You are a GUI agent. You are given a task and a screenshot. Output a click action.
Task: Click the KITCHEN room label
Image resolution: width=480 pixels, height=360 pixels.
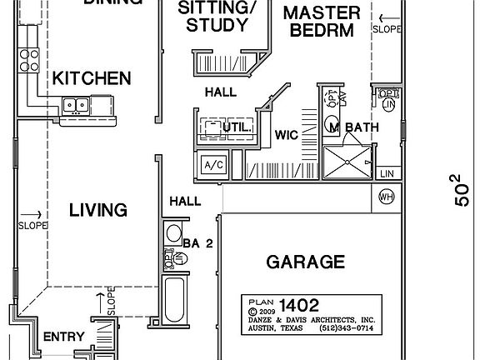pyautogui.click(x=92, y=79)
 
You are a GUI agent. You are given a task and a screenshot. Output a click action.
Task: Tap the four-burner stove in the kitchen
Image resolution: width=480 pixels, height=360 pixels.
pyautogui.click(x=31, y=58)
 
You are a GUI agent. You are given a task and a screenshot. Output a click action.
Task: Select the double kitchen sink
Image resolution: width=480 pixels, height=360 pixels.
pyautogui.click(x=77, y=105)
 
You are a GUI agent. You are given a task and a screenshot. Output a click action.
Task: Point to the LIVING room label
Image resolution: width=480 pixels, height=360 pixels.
pyautogui.click(x=97, y=209)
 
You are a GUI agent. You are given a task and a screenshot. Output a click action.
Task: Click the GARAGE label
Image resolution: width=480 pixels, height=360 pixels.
pyautogui.click(x=305, y=262)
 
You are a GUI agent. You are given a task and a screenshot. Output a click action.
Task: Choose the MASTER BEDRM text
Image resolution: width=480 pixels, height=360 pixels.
pyautogui.click(x=321, y=22)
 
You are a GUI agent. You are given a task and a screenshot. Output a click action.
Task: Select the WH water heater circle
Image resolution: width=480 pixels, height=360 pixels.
pyautogui.click(x=386, y=197)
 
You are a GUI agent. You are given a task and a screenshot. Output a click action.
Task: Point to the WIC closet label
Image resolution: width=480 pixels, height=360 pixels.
pyautogui.click(x=287, y=135)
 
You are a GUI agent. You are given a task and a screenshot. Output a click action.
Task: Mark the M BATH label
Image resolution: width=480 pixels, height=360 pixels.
pyautogui.click(x=353, y=127)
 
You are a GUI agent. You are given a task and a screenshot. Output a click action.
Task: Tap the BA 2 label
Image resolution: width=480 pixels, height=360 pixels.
pyautogui.click(x=197, y=243)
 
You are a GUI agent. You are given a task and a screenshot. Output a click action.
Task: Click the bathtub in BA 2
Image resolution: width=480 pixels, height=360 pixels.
pyautogui.click(x=175, y=300)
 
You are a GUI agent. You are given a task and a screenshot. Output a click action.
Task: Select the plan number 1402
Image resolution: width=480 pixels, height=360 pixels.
pyautogui.click(x=300, y=305)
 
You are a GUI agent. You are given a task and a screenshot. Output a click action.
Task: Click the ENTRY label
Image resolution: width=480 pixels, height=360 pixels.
pyautogui.click(x=63, y=337)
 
